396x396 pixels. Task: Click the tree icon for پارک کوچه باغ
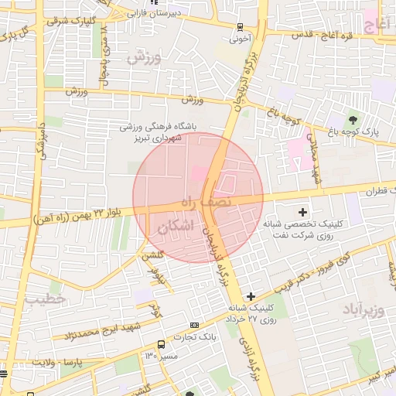pyautogui.click(x=353, y=119)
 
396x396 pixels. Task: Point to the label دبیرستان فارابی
pyautogui.click(x=175, y=13)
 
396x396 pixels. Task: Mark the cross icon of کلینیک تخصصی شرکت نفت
pyautogui.click(x=302, y=212)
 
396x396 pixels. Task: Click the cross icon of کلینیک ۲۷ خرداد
pyautogui.click(x=251, y=296)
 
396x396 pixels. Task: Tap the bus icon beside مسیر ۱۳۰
pyautogui.click(x=160, y=344)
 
